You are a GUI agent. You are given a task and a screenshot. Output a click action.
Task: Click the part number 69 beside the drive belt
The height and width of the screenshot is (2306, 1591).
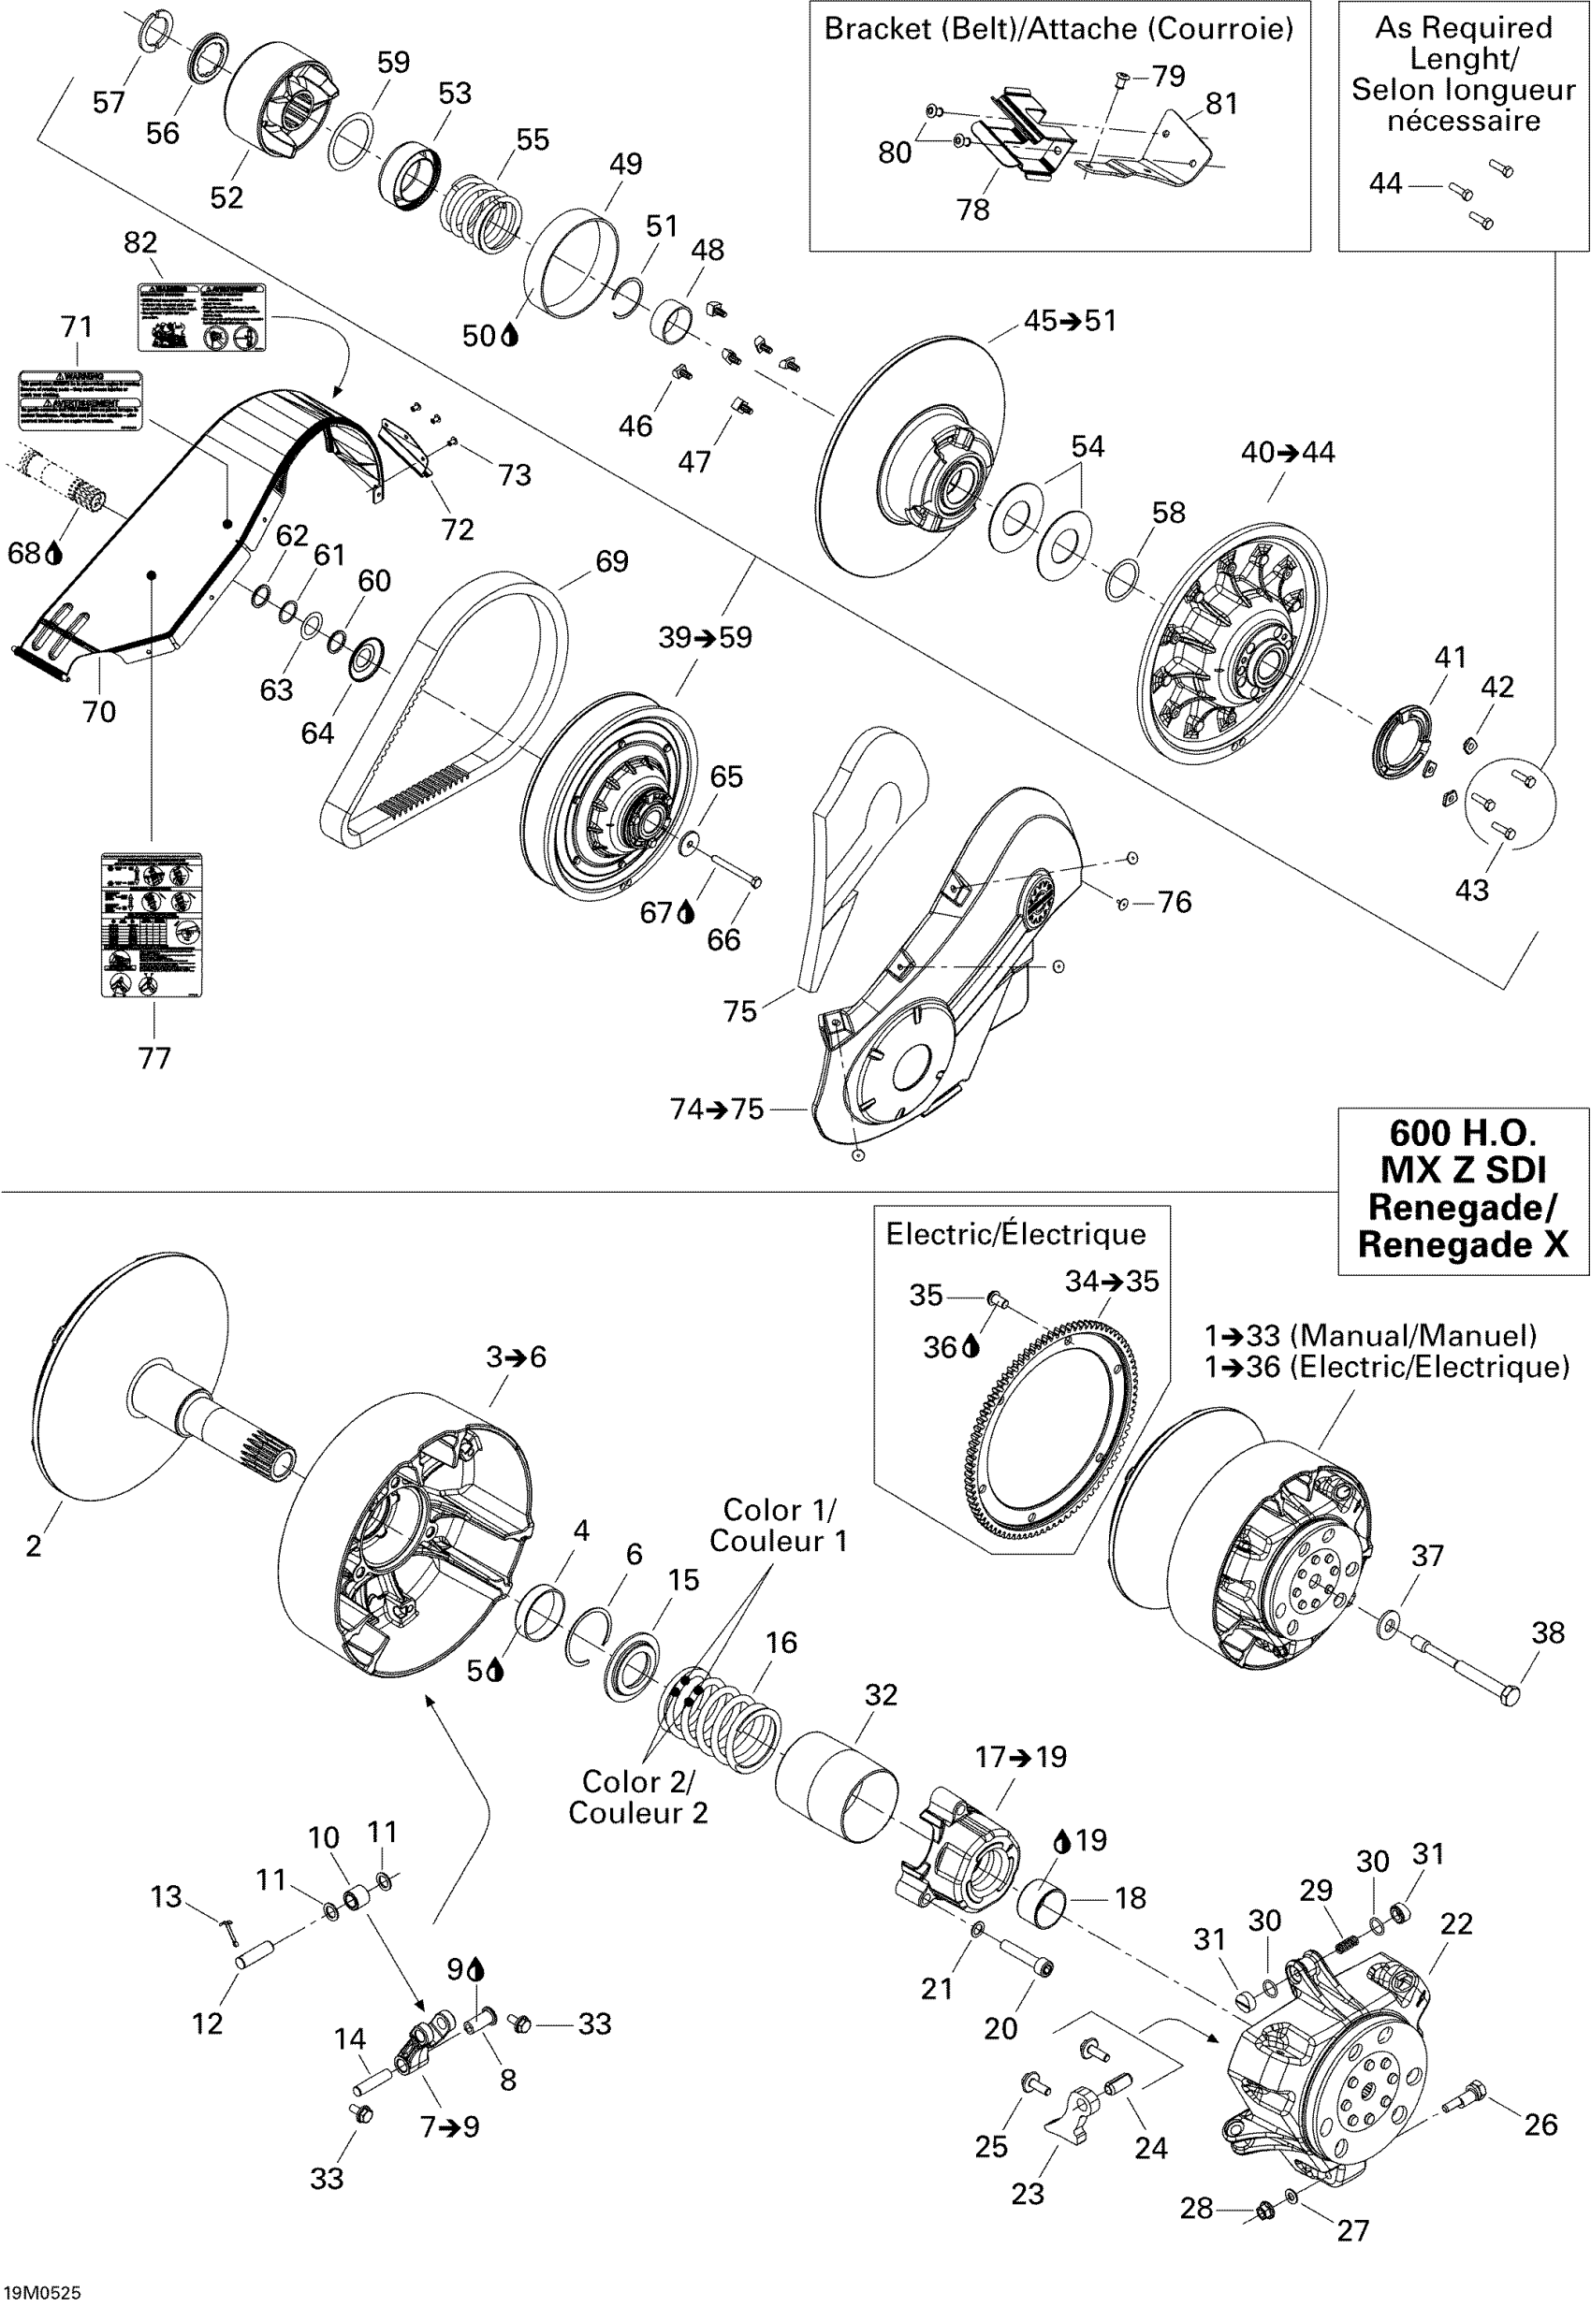click(611, 562)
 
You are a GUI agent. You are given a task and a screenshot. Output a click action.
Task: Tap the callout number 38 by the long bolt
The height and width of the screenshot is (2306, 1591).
click(1547, 1632)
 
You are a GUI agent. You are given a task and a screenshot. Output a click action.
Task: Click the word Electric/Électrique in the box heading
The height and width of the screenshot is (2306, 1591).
click(1014, 1234)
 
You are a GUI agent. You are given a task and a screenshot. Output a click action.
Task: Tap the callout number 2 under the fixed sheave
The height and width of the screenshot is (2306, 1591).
click(34, 1545)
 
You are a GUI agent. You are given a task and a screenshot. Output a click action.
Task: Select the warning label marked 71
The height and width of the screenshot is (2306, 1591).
click(80, 399)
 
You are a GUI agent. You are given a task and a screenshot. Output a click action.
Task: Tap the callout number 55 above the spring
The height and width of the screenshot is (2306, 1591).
click(533, 139)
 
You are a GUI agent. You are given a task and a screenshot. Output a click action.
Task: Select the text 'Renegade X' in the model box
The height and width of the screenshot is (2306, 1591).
click(1463, 1245)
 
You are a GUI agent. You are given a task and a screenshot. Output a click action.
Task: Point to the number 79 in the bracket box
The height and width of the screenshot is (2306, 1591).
click(1168, 76)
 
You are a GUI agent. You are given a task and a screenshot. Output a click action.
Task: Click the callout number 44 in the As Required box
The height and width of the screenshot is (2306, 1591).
click(1386, 183)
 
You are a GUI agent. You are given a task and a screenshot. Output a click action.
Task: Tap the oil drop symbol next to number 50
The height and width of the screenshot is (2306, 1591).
click(510, 336)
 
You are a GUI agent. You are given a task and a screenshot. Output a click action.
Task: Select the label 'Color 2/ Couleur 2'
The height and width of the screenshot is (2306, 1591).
click(638, 1797)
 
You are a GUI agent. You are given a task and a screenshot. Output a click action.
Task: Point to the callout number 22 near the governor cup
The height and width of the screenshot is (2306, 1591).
click(1455, 1923)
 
